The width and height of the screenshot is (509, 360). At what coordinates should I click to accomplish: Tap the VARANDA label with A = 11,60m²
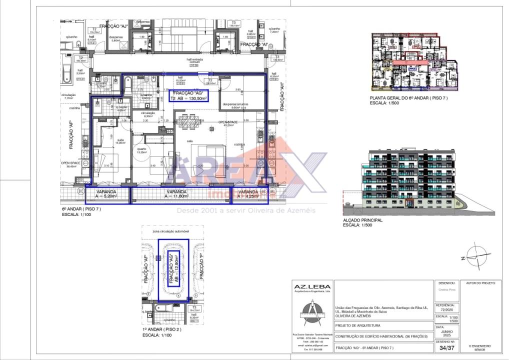177,194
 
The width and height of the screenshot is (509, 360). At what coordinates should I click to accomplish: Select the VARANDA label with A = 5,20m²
106,194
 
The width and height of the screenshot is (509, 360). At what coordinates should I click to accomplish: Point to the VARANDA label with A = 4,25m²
248,194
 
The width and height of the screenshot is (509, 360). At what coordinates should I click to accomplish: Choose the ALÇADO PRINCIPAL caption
363,220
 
